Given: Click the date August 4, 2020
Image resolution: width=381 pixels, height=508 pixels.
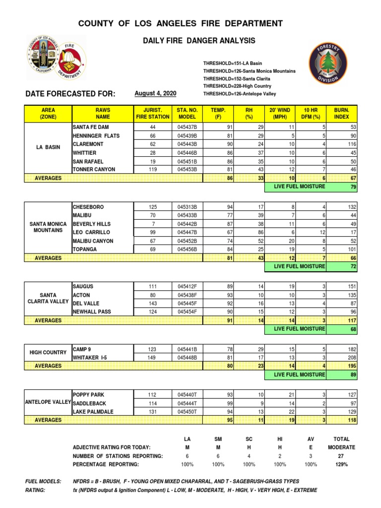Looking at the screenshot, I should coord(155,94).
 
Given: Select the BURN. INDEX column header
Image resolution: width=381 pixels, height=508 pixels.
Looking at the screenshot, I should coord(341,113).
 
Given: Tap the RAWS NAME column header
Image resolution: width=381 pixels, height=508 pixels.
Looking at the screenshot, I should coord(103,113).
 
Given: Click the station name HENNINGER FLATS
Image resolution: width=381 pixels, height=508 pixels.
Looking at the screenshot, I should coord(96,135).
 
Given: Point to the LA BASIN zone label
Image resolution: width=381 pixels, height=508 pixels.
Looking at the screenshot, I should coord(49,148).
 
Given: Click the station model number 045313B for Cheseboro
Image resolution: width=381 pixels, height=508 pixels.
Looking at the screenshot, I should coord(187,207).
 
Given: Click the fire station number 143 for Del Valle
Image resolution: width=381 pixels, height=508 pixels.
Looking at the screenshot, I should coord(153,304).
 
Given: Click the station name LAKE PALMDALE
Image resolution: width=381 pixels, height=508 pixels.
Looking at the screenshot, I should coord(93,412).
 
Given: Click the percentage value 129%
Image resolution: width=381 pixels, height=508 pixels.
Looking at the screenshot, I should coord(341,464).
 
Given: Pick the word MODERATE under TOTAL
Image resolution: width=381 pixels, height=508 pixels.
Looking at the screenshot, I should coord(341,447).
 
